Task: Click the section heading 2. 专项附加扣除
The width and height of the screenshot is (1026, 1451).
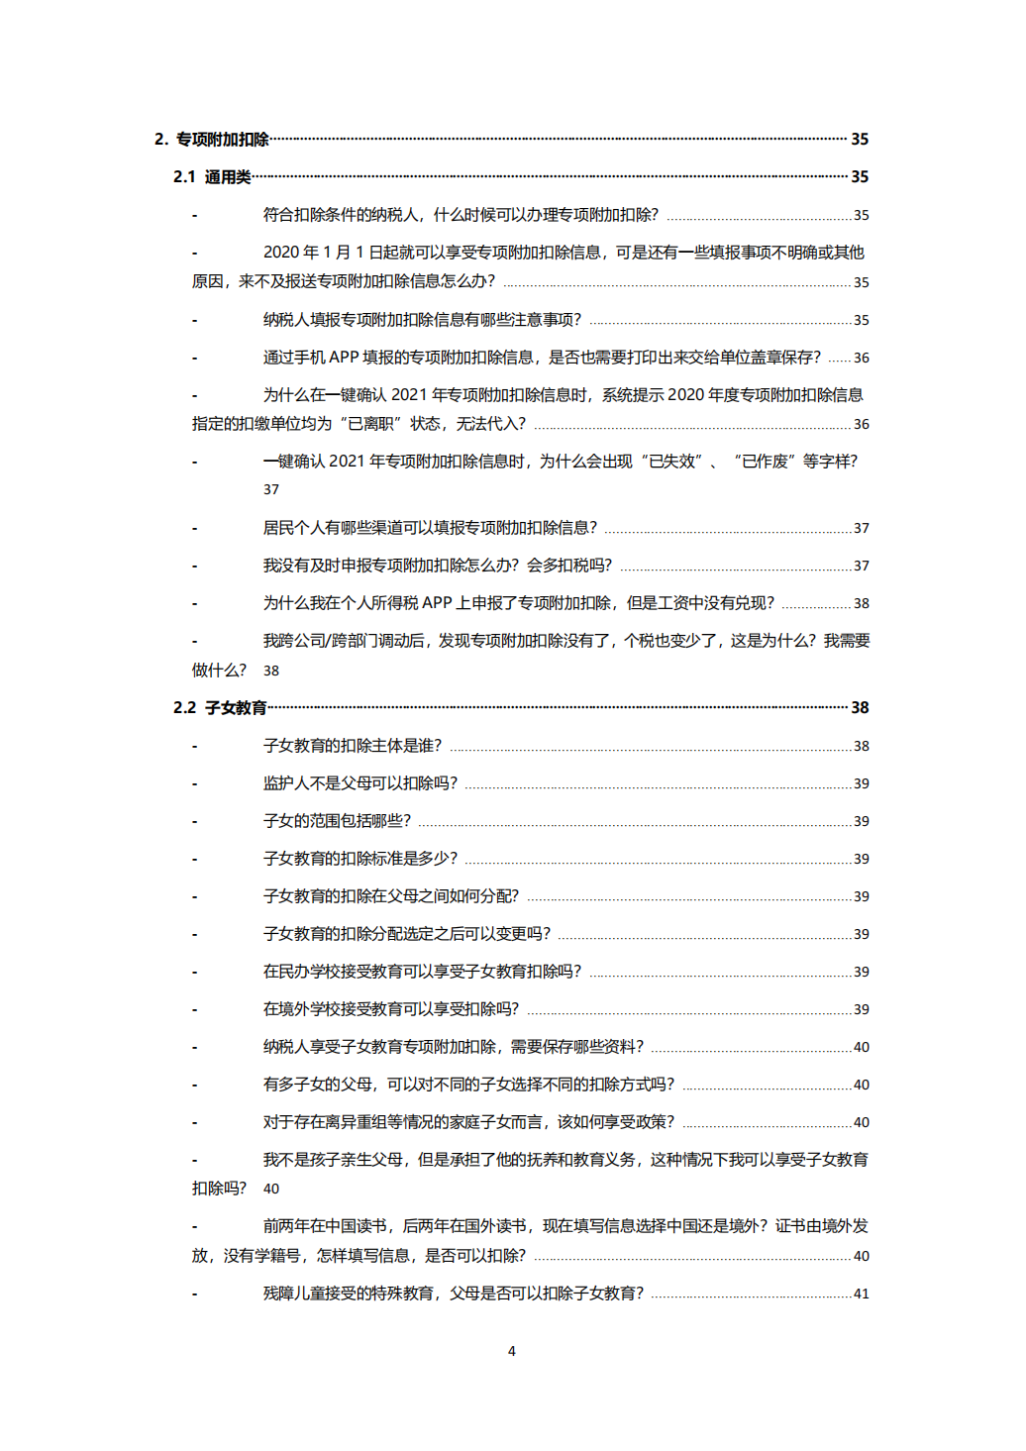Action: click(212, 140)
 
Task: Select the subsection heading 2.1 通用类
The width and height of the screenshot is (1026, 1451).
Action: click(212, 177)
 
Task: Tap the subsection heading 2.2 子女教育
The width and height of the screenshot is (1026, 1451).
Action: click(220, 708)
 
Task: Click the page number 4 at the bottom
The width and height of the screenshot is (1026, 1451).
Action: click(512, 1351)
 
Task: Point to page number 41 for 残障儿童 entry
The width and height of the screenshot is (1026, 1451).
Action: click(861, 1294)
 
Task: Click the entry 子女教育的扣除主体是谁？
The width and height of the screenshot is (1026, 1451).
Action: click(352, 746)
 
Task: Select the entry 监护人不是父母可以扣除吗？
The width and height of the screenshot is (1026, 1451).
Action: click(359, 783)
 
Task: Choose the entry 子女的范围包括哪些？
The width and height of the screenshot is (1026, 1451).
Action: click(337, 821)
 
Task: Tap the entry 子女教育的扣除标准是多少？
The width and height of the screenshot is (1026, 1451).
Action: click(359, 859)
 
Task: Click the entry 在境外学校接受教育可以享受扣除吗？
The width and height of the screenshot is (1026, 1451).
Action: click(390, 1009)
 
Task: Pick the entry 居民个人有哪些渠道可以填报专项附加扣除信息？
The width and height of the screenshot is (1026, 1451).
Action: click(430, 528)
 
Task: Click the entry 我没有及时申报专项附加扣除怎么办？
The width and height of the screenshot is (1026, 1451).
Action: click(437, 566)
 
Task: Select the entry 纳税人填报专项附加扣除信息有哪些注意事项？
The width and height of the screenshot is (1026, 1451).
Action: click(422, 320)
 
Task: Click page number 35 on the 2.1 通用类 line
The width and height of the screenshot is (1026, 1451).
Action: click(860, 177)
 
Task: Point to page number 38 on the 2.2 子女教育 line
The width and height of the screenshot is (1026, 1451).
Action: click(860, 708)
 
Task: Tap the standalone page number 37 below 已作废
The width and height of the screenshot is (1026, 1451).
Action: click(271, 489)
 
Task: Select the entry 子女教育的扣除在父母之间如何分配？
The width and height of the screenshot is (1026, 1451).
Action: click(390, 896)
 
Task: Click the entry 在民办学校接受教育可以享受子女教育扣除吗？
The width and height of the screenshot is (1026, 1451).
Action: click(422, 972)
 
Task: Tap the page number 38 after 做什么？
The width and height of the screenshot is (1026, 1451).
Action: click(271, 671)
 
